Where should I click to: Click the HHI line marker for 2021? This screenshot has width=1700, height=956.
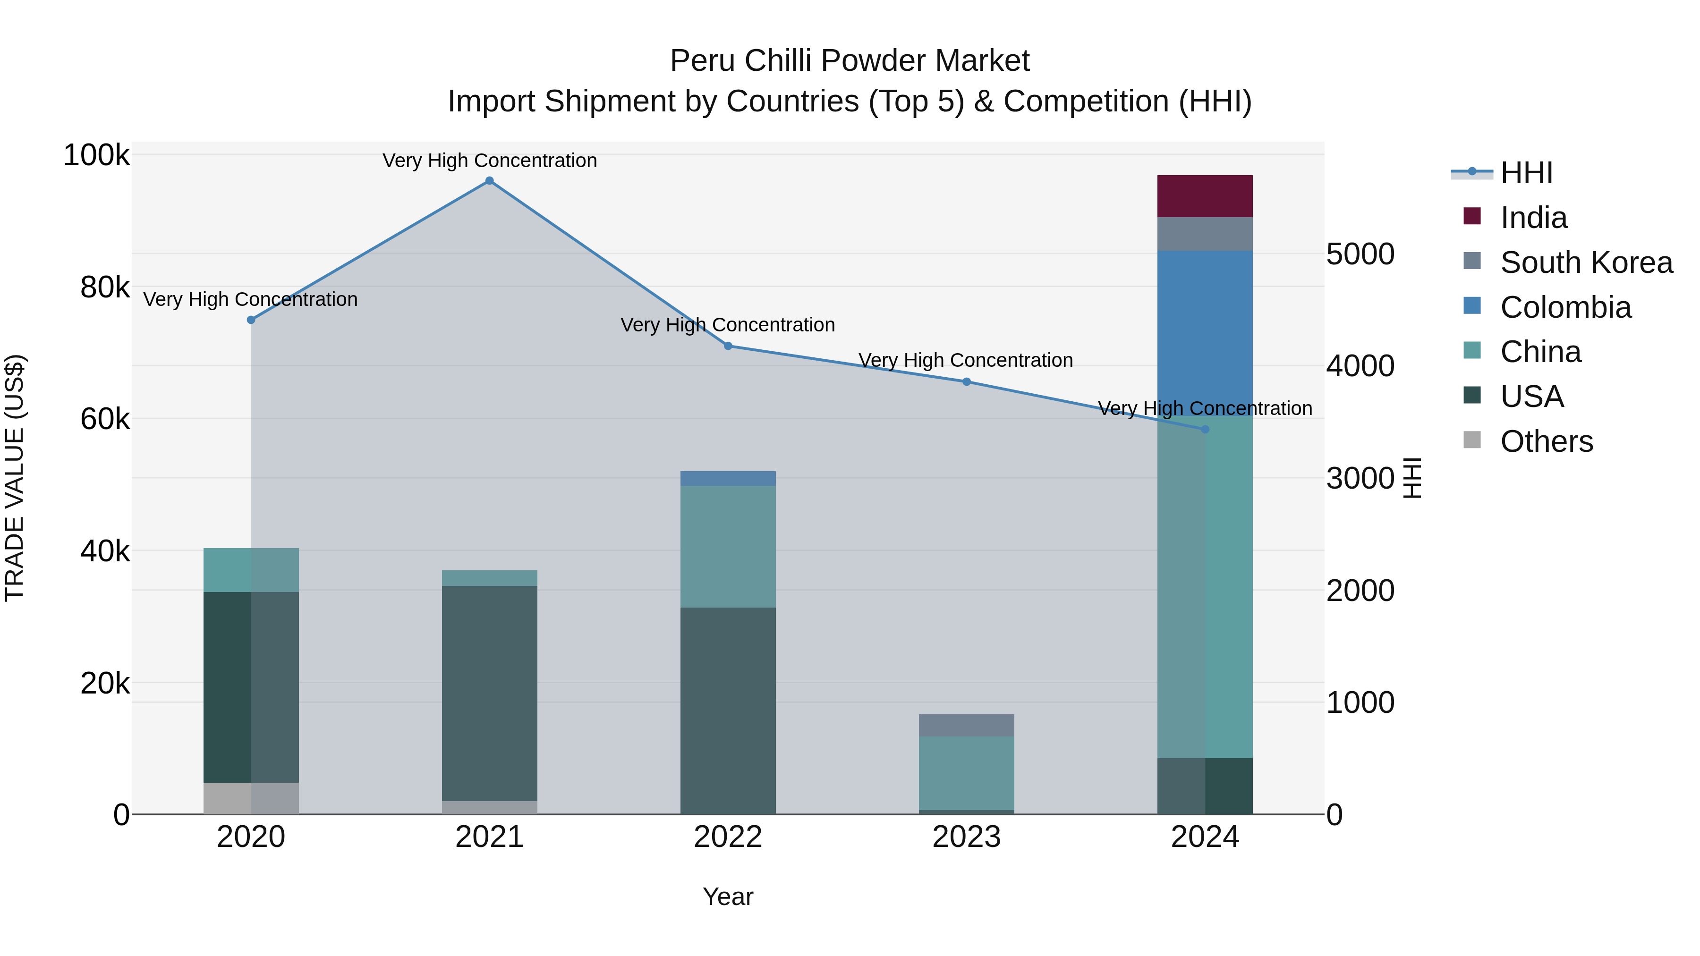(x=489, y=181)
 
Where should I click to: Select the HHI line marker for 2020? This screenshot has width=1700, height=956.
(x=251, y=320)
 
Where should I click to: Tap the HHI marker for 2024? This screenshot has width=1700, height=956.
(x=1205, y=430)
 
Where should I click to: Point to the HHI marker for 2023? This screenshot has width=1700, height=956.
(x=966, y=382)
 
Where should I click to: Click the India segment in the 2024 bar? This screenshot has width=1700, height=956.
(x=1205, y=196)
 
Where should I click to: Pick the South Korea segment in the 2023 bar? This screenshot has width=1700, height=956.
(x=966, y=725)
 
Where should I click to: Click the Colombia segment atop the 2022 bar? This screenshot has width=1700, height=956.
(x=728, y=478)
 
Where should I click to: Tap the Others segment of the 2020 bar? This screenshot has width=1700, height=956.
(x=251, y=798)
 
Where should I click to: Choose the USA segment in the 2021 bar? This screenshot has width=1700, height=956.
(x=489, y=693)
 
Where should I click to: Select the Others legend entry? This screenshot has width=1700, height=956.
(x=1546, y=441)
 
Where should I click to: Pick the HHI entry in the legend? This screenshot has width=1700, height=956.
(x=1526, y=173)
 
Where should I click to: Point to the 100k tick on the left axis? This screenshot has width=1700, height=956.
(x=96, y=156)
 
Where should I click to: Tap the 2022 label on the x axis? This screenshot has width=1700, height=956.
(x=728, y=837)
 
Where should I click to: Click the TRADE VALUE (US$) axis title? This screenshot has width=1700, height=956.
(x=15, y=478)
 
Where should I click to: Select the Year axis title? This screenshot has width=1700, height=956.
(x=728, y=897)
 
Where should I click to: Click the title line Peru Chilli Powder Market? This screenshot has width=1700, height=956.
(x=850, y=61)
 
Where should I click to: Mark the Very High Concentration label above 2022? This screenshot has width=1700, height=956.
(x=728, y=325)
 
